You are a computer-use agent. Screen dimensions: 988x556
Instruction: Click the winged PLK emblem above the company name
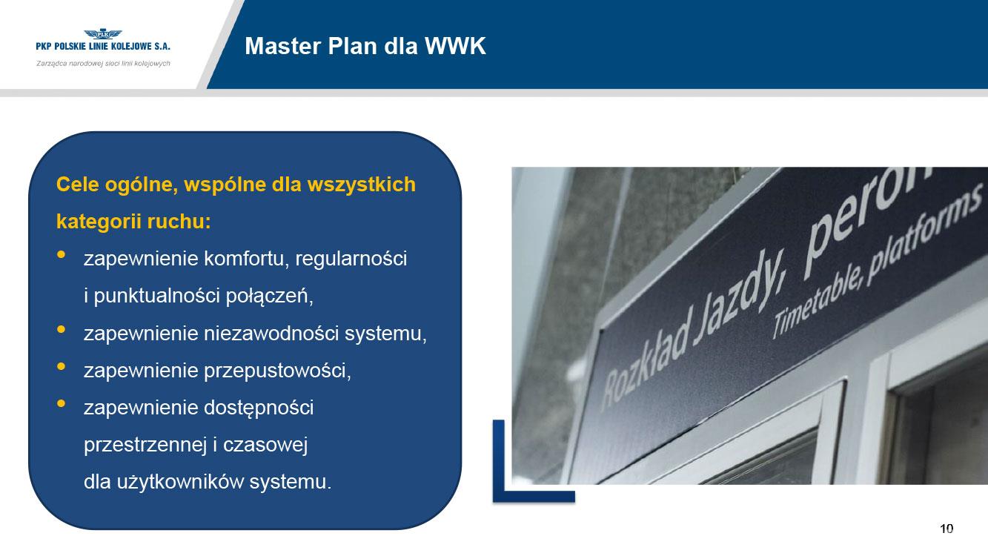coord(103,34)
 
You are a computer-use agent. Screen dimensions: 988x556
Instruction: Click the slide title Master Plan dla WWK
coord(365,46)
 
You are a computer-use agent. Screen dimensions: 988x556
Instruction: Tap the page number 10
coord(946,529)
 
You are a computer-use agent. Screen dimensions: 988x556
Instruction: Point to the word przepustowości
coord(277,371)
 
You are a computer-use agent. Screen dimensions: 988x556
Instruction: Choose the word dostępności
coord(259,408)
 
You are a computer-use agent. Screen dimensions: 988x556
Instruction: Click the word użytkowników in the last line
coord(180,482)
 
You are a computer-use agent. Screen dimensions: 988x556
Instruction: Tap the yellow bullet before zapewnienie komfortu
coord(62,254)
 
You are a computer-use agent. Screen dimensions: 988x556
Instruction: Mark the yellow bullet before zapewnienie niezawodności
coord(62,329)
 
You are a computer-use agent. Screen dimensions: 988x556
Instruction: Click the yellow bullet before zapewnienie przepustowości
coord(62,366)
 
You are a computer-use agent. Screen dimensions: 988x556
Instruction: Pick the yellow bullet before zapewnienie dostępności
coord(62,403)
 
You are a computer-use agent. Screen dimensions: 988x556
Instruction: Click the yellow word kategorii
coord(98,222)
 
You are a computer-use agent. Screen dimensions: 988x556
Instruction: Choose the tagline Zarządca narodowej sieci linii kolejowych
coord(103,64)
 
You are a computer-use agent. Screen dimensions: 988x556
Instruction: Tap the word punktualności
coord(156,296)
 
